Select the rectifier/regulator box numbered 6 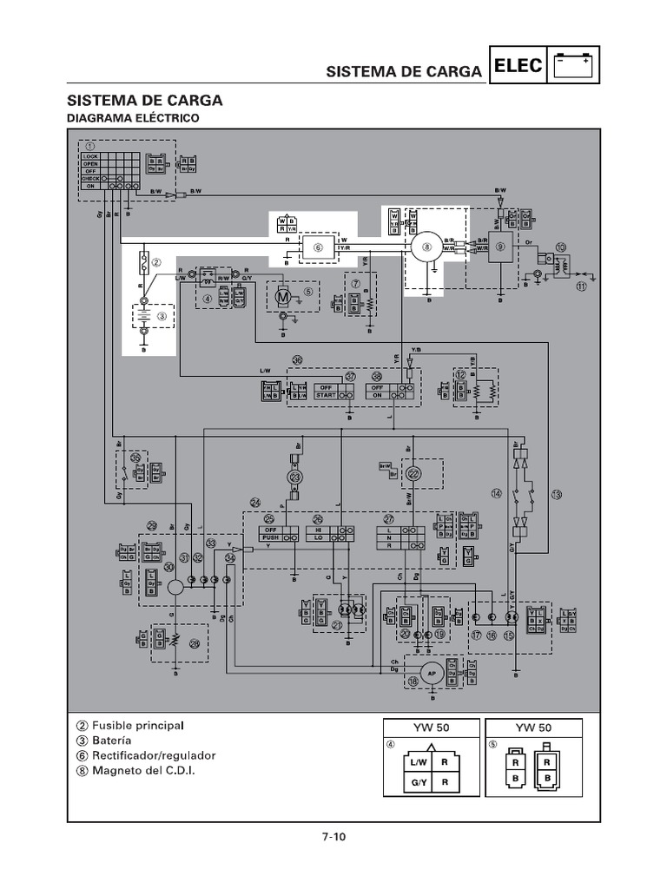[318, 247]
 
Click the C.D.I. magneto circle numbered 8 [426, 247]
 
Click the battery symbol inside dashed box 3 [144, 316]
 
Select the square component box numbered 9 [500, 247]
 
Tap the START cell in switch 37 [327, 395]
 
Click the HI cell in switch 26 [318, 529]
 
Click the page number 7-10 [333, 837]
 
